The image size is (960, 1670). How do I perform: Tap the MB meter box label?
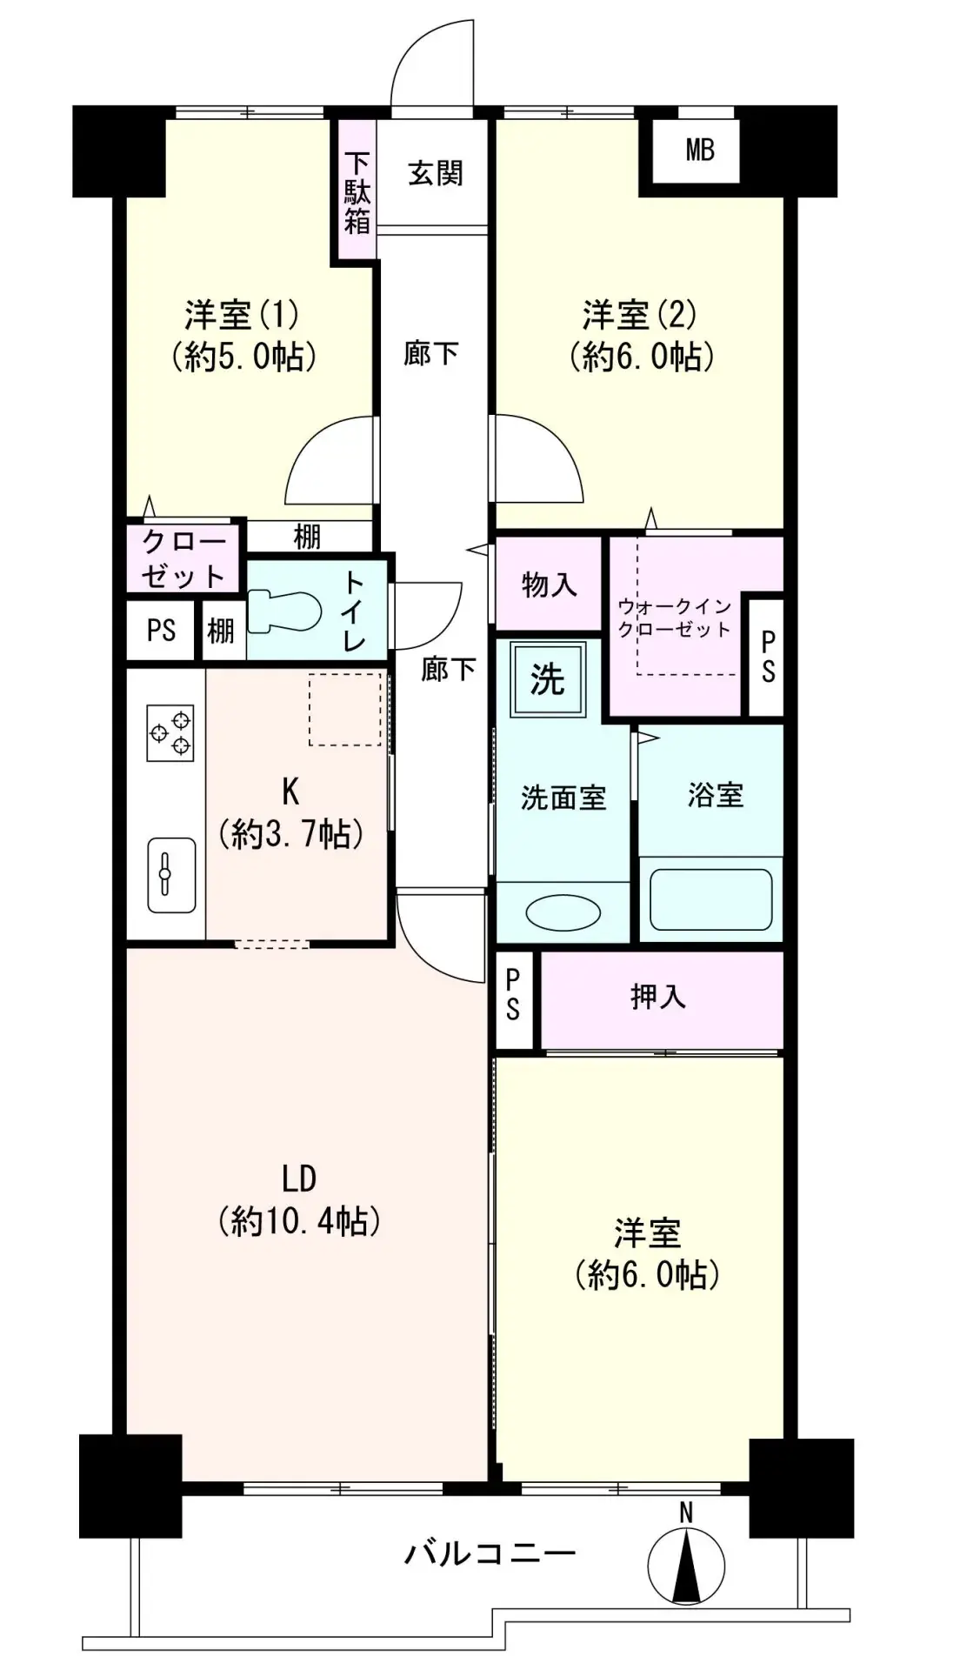click(700, 150)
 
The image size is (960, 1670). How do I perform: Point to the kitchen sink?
click(170, 874)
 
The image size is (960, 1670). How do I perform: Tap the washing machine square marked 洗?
click(547, 680)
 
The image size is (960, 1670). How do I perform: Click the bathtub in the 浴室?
click(710, 898)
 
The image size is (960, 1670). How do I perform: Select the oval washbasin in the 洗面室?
click(563, 912)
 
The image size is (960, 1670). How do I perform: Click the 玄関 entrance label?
click(435, 174)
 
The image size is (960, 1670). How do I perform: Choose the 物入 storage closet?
click(549, 584)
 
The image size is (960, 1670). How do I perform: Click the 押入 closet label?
click(658, 997)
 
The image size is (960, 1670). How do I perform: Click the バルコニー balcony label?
click(489, 1553)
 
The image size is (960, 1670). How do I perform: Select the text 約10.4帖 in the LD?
click(300, 1222)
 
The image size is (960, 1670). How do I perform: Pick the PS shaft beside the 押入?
click(514, 998)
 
